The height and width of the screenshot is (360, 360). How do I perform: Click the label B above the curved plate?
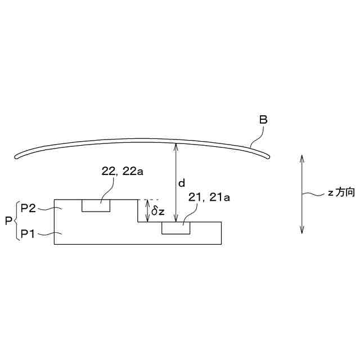pyautogui.click(x=263, y=120)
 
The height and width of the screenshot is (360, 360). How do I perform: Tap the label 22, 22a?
pyautogui.click(x=123, y=171)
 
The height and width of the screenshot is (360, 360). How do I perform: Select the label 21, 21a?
pyautogui.click(x=209, y=197)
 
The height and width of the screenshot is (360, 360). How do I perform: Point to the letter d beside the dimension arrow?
pyautogui.click(x=182, y=183)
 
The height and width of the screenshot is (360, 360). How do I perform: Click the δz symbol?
pyautogui.click(x=158, y=211)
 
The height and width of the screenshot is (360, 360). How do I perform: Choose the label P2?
pyautogui.click(x=28, y=209)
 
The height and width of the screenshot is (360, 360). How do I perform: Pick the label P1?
pyautogui.click(x=28, y=234)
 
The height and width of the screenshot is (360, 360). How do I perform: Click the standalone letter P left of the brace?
pyautogui.click(x=8, y=221)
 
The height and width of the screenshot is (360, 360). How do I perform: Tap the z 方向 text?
pyautogui.click(x=341, y=192)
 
